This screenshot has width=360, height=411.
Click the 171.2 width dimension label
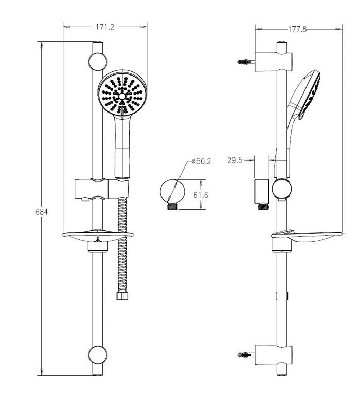coord(105,28)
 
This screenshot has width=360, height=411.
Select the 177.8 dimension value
coord(297,30)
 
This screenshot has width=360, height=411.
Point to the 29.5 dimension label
coord(236,160)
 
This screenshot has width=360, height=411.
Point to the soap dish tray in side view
coord(309,237)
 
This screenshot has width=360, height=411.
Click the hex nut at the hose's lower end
coord(123,297)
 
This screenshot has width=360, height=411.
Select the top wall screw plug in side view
coord(246,62)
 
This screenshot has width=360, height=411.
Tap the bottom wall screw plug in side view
coord(246,355)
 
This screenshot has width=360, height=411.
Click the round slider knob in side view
coord(282,189)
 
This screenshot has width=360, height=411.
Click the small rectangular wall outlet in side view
coord(262,191)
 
